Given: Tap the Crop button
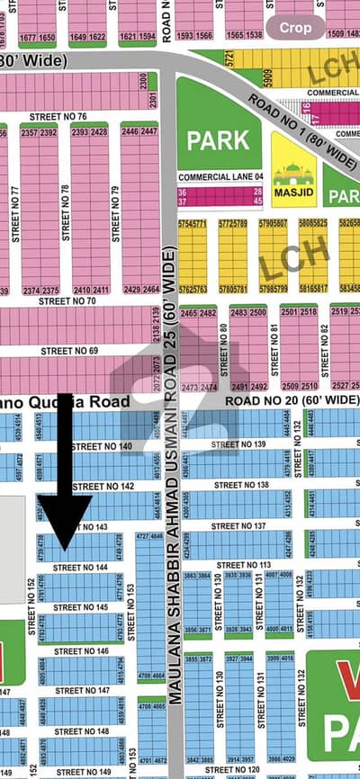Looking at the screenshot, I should point(296,28).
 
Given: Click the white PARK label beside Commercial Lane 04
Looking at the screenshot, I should point(217,140).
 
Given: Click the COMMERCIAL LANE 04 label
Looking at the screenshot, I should point(220,178).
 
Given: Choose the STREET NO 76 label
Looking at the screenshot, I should point(58,117).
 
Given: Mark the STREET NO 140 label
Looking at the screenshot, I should point(101,446).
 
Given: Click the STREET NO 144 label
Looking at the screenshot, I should point(80,568).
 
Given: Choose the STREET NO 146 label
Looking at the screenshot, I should point(81,650).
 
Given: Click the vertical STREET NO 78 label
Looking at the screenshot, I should point(64,212).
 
